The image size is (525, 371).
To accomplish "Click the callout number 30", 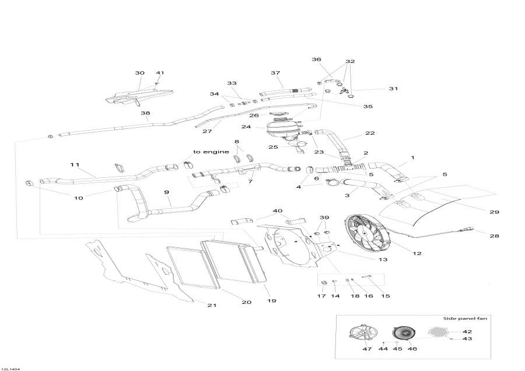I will pos(139,73).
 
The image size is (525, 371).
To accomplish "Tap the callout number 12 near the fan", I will pos(417,253).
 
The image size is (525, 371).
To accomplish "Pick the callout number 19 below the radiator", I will pos(271,301).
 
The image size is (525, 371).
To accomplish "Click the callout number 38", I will pos(145,113).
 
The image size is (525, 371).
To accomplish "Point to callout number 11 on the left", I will pos(75,165).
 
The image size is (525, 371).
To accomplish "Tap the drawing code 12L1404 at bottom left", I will pos(10,368).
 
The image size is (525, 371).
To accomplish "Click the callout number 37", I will pos(275,73).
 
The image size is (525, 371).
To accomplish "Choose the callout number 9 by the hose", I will pos(167,192).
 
